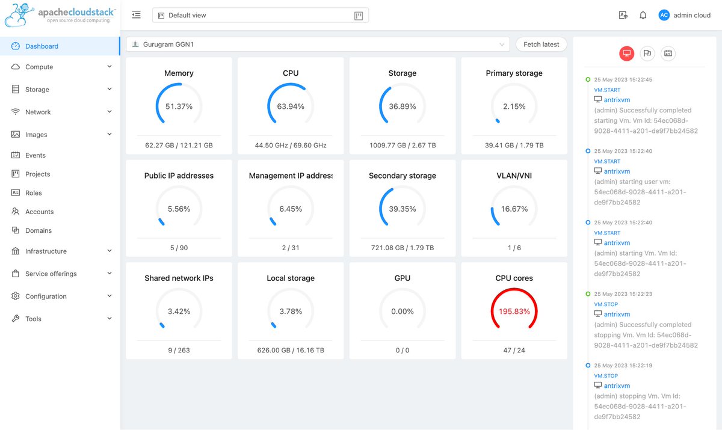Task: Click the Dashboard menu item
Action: pyautogui.click(x=42, y=46)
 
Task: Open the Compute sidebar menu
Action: pyautogui.click(x=39, y=67)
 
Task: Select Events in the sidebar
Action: pyautogui.click(x=35, y=155)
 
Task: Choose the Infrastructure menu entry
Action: pyautogui.click(x=46, y=251)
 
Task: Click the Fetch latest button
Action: pyautogui.click(x=541, y=45)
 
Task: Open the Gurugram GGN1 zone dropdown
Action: pyautogui.click(x=318, y=45)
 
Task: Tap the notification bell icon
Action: pyautogui.click(x=643, y=16)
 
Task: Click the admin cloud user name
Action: pyautogui.click(x=692, y=16)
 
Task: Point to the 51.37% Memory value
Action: pyautogui.click(x=179, y=106)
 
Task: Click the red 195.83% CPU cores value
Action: pyautogui.click(x=514, y=312)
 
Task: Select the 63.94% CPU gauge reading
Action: pyautogui.click(x=291, y=106)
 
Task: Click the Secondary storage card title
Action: pyautogui.click(x=402, y=176)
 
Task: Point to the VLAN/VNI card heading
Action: pyautogui.click(x=514, y=176)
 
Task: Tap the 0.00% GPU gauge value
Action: pyautogui.click(x=402, y=312)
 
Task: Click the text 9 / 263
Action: pyautogui.click(x=179, y=350)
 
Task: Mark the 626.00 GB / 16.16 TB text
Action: pyautogui.click(x=291, y=350)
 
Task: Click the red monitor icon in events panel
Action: pyautogui.click(x=626, y=54)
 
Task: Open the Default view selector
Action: pyautogui.click(x=260, y=16)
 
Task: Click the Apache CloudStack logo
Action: pyautogui.click(x=60, y=16)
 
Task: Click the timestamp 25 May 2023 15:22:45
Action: pyautogui.click(x=623, y=79)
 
